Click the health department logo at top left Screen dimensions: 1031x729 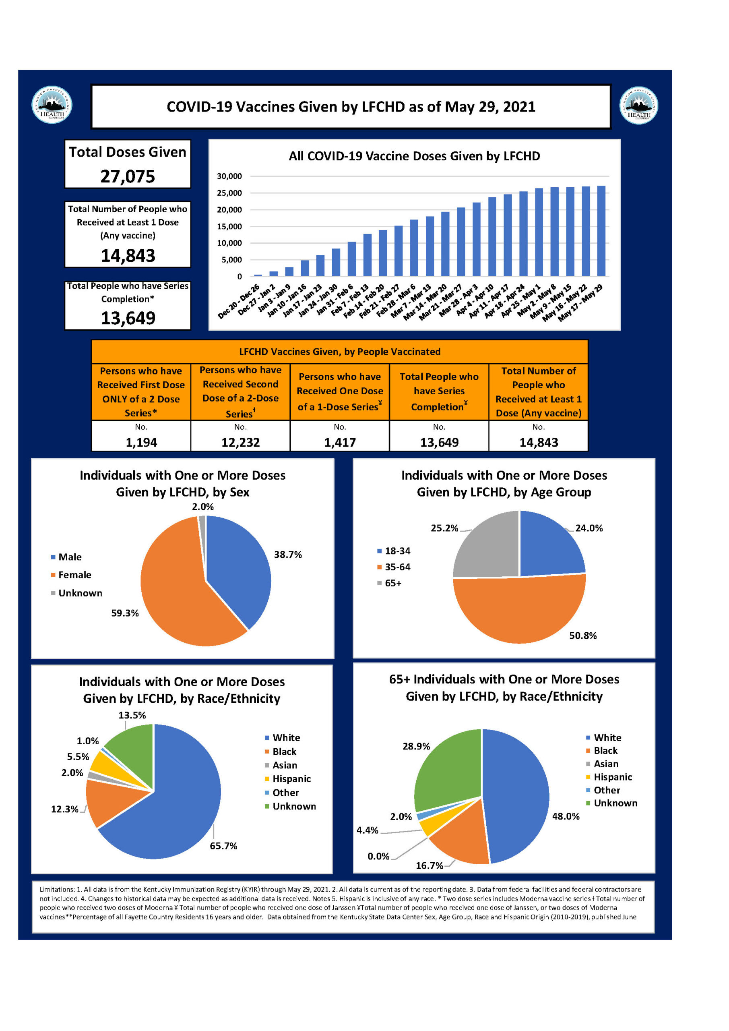point(52,105)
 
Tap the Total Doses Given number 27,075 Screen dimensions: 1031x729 point(128,176)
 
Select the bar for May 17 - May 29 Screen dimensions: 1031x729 point(601,231)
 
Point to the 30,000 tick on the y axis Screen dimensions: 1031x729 point(229,176)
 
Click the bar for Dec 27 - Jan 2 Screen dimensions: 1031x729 point(273,273)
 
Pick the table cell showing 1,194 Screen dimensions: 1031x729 point(141,442)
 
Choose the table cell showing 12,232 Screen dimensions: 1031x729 point(241,442)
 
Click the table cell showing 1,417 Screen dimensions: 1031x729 point(340,442)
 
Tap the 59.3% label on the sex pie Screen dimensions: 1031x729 point(125,613)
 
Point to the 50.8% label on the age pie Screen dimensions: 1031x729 point(582,636)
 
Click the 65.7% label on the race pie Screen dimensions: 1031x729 point(223,846)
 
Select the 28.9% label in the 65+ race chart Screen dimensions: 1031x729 point(416,746)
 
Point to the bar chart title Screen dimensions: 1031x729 point(414,156)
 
